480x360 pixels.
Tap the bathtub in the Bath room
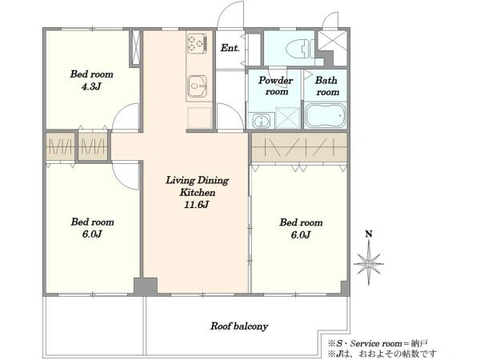click(326, 116)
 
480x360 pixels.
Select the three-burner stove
click(197, 42)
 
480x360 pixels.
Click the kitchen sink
click(198, 86)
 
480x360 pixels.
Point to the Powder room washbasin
click(261, 121)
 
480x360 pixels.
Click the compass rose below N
click(369, 263)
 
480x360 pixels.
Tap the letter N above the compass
click(369, 234)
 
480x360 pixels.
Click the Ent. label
click(230, 48)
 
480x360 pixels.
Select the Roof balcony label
click(239, 326)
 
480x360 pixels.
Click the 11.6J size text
click(197, 205)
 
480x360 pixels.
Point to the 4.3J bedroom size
click(91, 86)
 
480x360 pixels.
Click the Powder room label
click(276, 86)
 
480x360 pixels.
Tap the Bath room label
click(327, 86)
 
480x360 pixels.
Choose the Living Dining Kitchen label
click(197, 186)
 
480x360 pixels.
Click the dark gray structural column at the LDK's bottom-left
click(146, 286)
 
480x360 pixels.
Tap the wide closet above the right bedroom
click(299, 147)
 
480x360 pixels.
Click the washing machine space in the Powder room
click(288, 118)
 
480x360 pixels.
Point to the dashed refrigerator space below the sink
click(199, 118)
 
